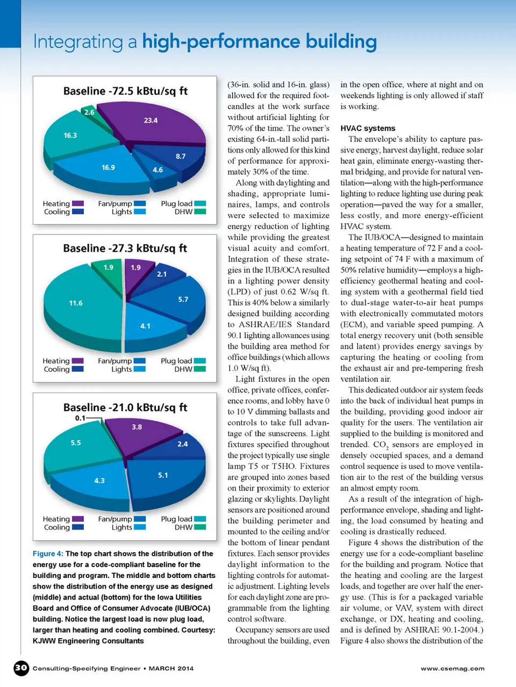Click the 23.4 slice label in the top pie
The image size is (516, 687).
(150, 120)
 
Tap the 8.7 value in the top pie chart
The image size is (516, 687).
(181, 156)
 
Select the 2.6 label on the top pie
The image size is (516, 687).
(89, 112)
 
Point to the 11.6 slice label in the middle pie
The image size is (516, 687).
(76, 303)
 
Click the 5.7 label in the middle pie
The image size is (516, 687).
(183, 299)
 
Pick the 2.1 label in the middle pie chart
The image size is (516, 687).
(162, 274)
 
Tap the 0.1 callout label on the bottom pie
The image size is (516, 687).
(80, 418)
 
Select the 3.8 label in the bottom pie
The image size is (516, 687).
(137, 427)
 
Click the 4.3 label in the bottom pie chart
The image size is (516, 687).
(99, 481)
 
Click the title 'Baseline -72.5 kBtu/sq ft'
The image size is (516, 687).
(125, 91)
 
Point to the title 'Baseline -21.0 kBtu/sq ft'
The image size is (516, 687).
(125, 407)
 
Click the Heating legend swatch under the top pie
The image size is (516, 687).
(78, 204)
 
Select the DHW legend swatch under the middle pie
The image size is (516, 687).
(200, 369)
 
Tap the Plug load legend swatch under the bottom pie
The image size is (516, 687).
(200, 519)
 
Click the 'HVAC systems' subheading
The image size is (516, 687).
(368, 128)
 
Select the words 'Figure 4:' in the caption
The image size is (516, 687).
(48, 554)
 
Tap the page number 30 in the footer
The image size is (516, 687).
(21, 668)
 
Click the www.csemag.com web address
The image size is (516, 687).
(453, 669)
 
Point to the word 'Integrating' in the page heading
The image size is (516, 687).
(78, 42)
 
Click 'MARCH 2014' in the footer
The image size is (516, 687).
(171, 669)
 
